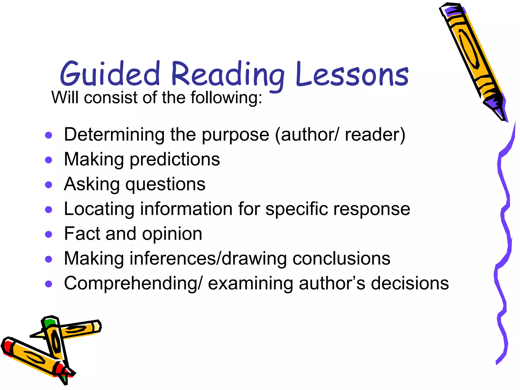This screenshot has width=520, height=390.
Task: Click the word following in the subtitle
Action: pos(226,97)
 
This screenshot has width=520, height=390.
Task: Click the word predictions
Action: pos(175,160)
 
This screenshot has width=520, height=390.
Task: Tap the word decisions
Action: pos(410,283)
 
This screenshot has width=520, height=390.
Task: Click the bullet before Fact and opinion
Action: pos(48,234)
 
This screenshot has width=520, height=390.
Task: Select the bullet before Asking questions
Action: pos(48,185)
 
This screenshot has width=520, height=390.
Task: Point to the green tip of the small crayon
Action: pos(49,322)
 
